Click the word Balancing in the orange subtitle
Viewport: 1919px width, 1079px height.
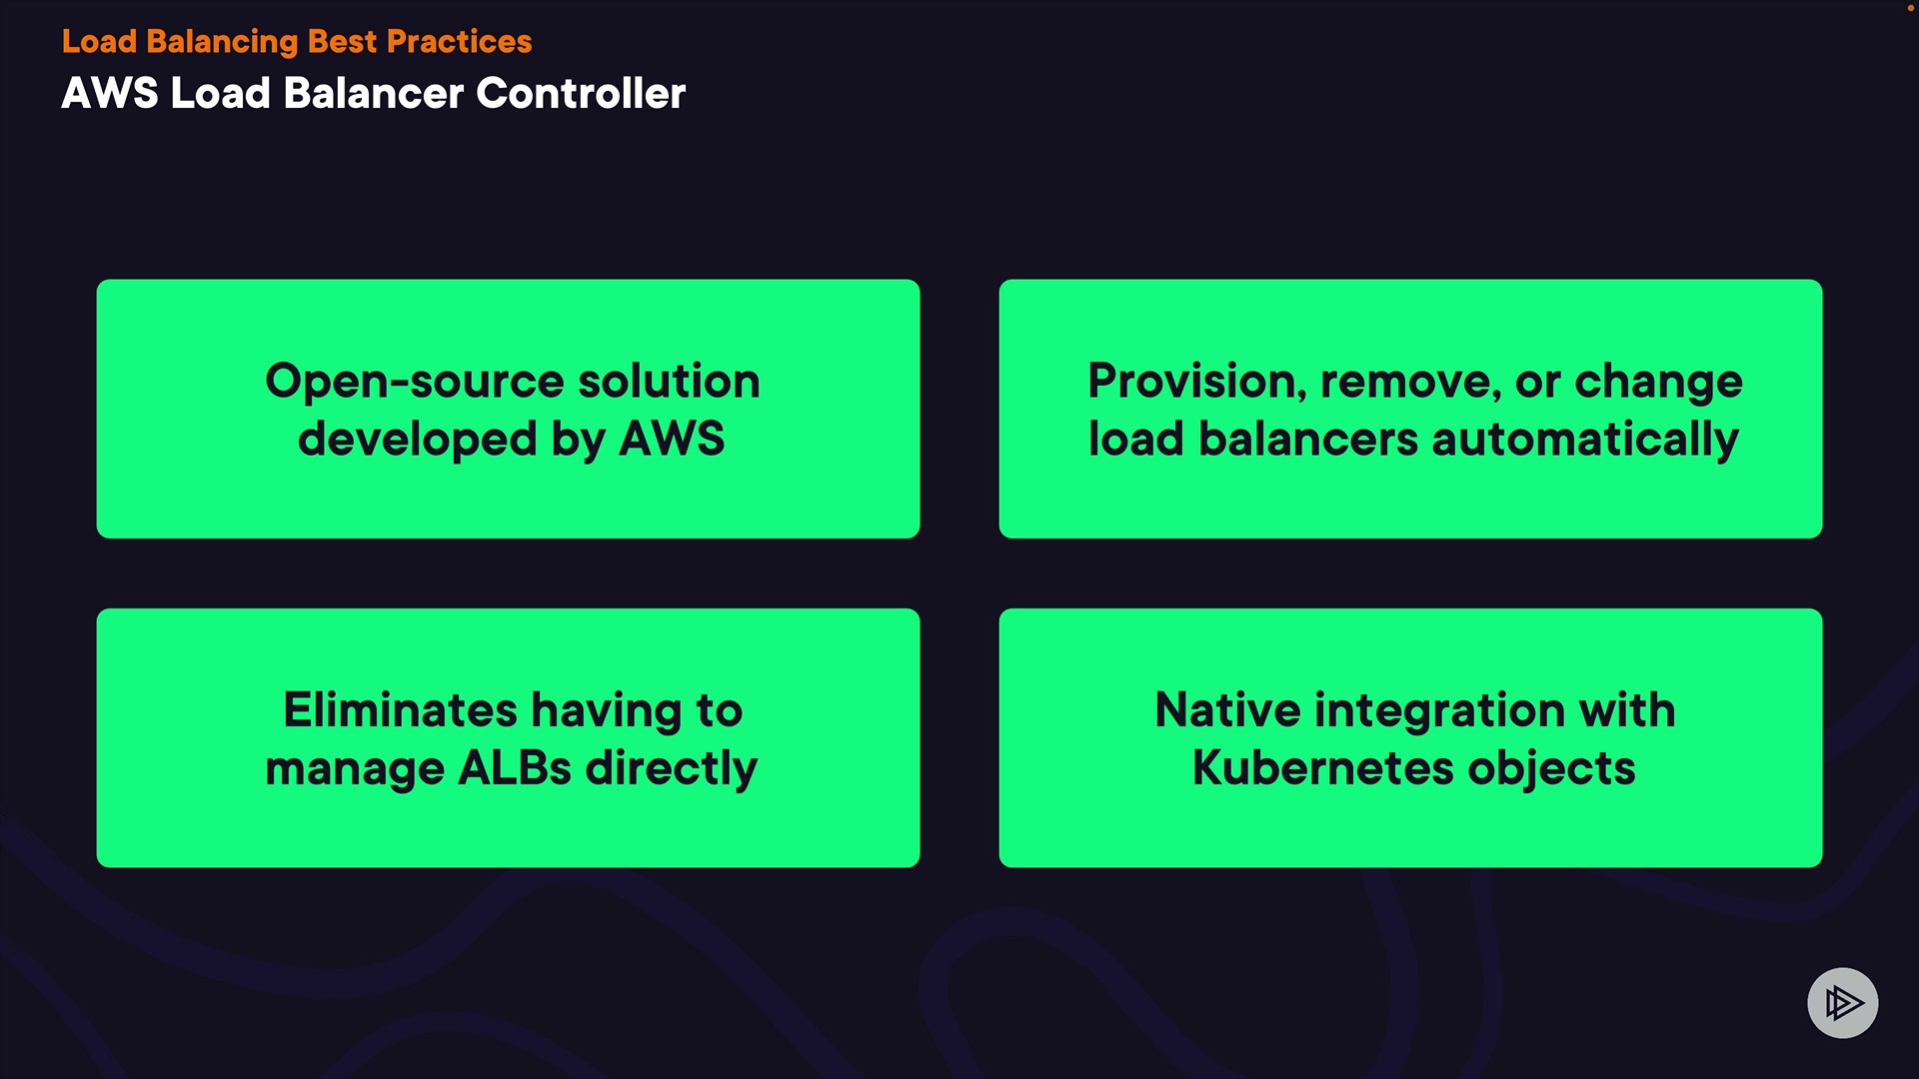click(221, 42)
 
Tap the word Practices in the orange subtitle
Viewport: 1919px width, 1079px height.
click(459, 42)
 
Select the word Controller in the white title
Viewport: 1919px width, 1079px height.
click(581, 94)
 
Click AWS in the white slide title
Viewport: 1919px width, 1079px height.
click(110, 94)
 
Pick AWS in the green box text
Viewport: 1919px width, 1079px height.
click(672, 439)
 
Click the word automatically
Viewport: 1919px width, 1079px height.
click(1585, 440)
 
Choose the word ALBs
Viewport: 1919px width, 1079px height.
click(515, 768)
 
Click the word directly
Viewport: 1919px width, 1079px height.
click(671, 769)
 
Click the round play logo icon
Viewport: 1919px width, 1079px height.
click(1842, 1002)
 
